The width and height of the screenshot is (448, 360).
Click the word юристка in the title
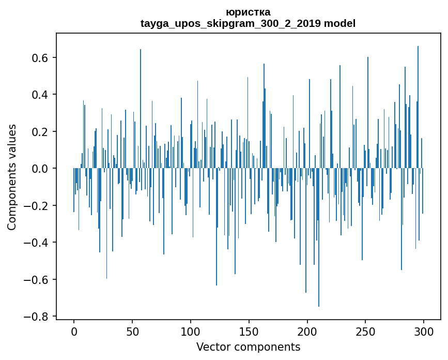click(248, 12)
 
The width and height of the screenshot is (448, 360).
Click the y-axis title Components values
click(12, 177)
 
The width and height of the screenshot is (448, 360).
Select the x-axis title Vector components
click(248, 347)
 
